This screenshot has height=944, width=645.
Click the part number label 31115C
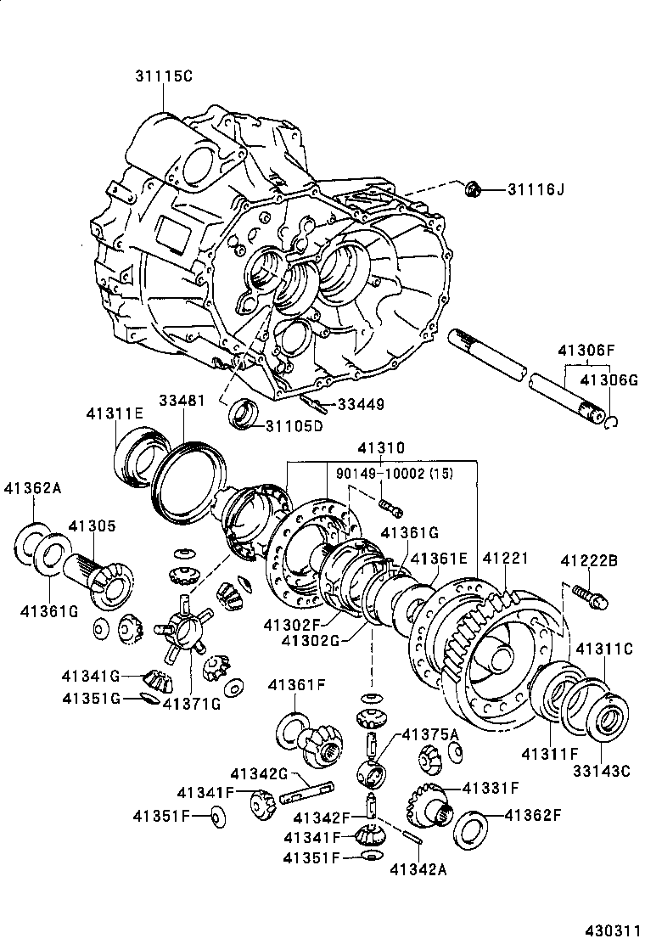[x=164, y=76]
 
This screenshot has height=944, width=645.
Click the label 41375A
[x=429, y=733]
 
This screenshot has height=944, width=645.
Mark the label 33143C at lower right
[x=602, y=772]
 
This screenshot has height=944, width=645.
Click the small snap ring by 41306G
[x=612, y=421]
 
